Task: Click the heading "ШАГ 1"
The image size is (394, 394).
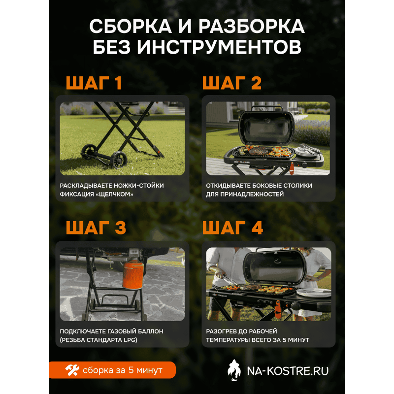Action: [x=94, y=83]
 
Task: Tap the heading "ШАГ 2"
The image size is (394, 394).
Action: [x=232, y=83]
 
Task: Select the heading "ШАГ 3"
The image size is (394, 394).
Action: [x=96, y=228]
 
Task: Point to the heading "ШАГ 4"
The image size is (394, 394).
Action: [x=232, y=228]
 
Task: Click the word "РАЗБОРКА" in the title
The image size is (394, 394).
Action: [x=252, y=26]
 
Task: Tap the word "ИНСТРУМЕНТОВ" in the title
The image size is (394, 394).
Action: [x=219, y=47]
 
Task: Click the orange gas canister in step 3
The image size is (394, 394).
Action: [x=133, y=274]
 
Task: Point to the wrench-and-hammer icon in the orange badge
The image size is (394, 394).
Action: [x=72, y=370]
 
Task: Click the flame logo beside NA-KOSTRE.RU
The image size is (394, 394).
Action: [x=234, y=370]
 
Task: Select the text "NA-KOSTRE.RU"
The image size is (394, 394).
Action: [x=288, y=371]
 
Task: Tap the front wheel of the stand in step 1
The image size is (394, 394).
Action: [x=119, y=160]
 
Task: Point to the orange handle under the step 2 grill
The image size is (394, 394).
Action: [x=292, y=168]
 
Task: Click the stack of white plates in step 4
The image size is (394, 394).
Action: [x=314, y=293]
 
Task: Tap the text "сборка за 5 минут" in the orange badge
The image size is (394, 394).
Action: [x=123, y=370]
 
